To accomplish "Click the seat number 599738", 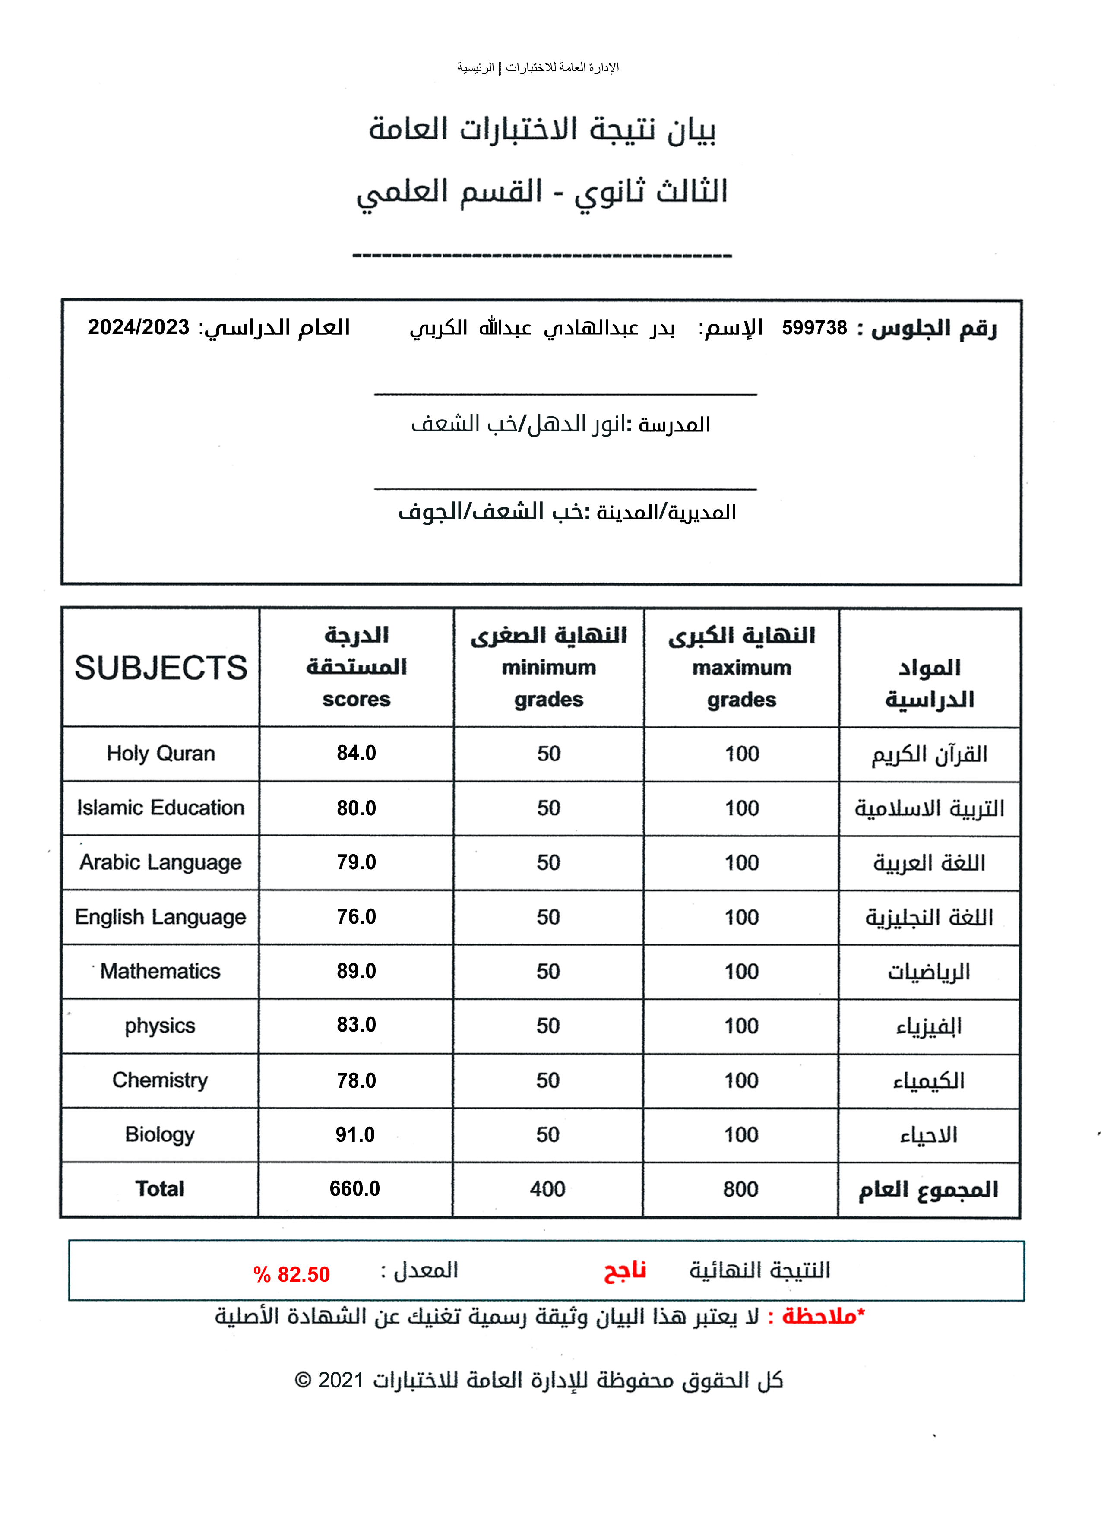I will click(814, 328).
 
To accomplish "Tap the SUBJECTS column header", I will click(161, 668).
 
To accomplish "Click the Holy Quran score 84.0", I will click(356, 753).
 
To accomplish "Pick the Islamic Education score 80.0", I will click(356, 808).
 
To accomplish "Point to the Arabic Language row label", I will click(160, 862).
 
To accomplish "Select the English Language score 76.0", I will click(356, 916).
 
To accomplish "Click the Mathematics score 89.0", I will click(356, 971).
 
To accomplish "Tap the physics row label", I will click(160, 1025).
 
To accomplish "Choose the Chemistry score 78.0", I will click(356, 1080).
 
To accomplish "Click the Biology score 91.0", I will click(355, 1134).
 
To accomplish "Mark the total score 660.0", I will click(354, 1188).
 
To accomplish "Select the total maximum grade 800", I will click(740, 1189).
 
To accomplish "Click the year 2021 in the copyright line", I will click(340, 1380).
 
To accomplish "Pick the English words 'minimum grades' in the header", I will click(548, 684).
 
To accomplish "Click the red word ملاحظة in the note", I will click(819, 1316).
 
